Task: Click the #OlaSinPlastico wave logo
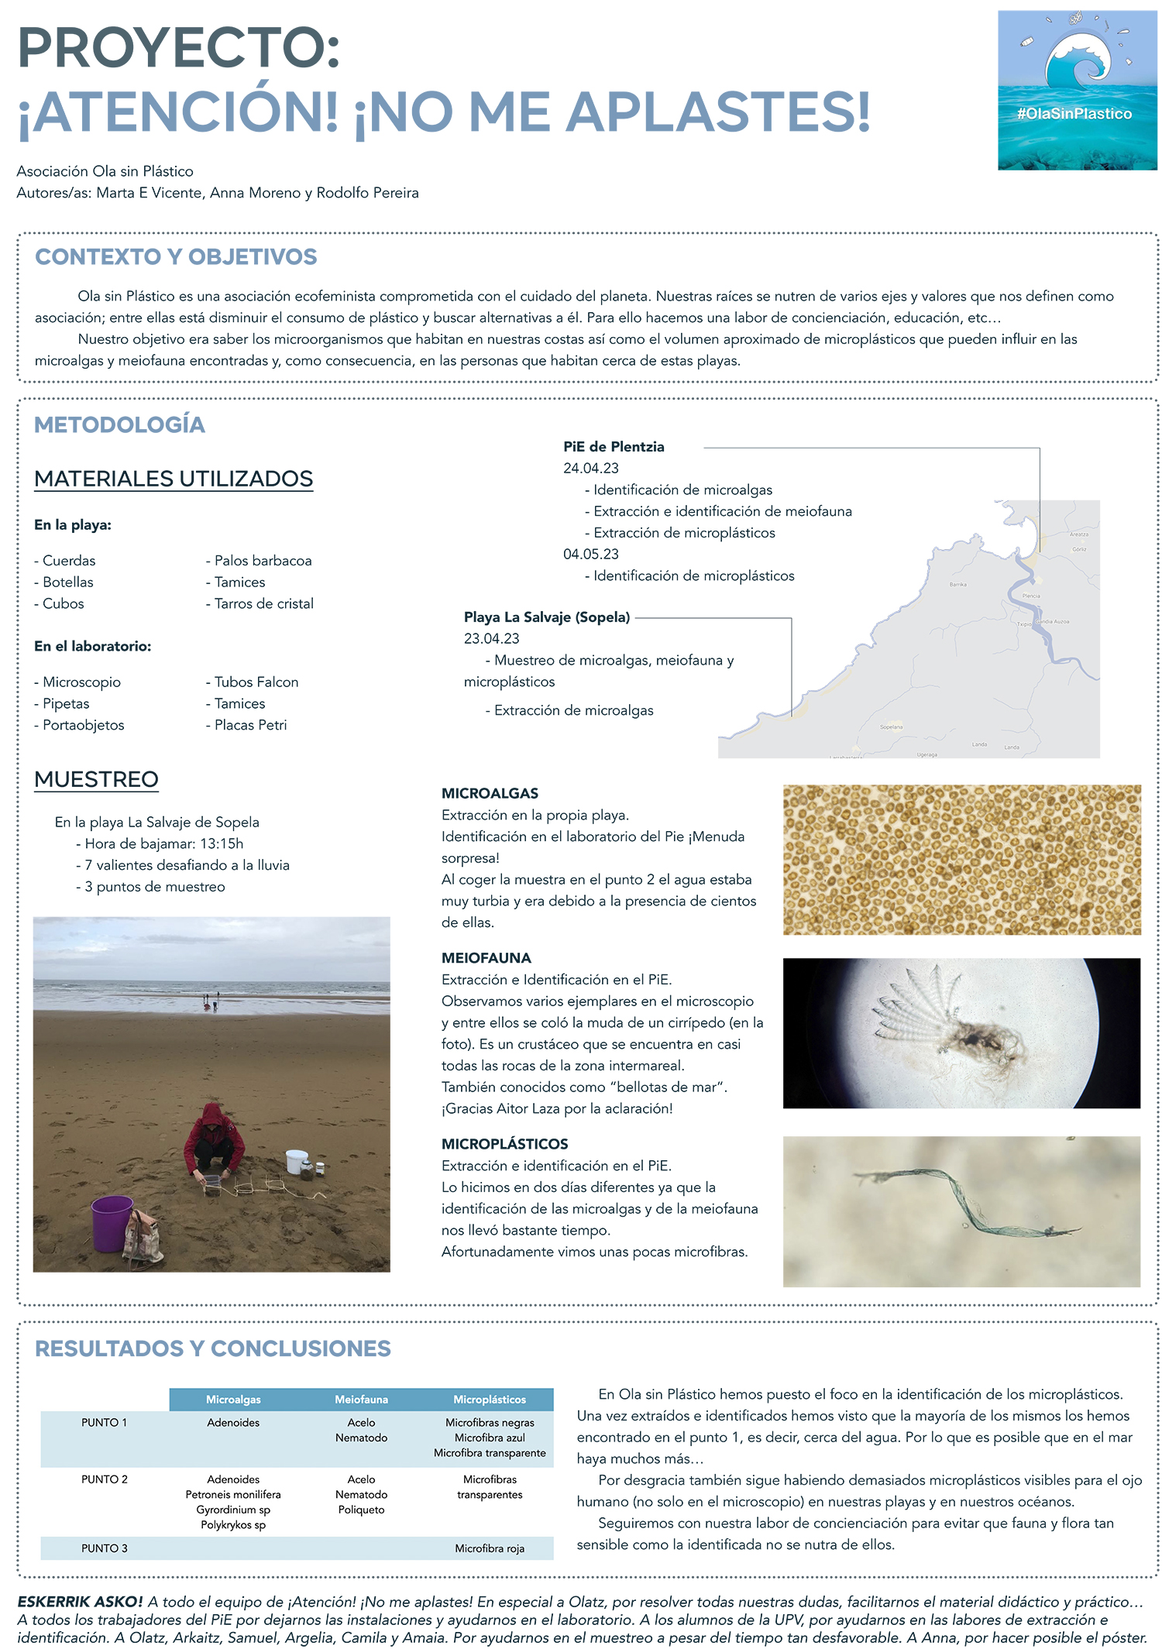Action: pyautogui.click(x=1077, y=90)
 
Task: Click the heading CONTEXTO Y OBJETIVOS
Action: pyautogui.click(x=176, y=256)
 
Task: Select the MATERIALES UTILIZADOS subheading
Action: pyautogui.click(x=174, y=479)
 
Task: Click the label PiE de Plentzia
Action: pyautogui.click(x=614, y=446)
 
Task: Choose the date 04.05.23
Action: pyautogui.click(x=591, y=554)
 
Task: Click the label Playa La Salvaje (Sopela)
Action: pyautogui.click(x=547, y=617)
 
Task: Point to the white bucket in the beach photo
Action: pyautogui.click(x=297, y=1161)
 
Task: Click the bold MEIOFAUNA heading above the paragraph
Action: pyautogui.click(x=486, y=958)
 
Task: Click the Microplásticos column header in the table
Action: pyautogui.click(x=490, y=1400)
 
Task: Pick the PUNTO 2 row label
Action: pyautogui.click(x=104, y=1479)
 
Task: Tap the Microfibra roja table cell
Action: pyautogui.click(x=490, y=1548)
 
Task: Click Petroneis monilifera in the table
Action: pyautogui.click(x=233, y=1495)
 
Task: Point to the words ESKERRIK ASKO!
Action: pyautogui.click(x=80, y=1602)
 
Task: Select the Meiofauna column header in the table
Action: pyautogui.click(x=361, y=1400)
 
